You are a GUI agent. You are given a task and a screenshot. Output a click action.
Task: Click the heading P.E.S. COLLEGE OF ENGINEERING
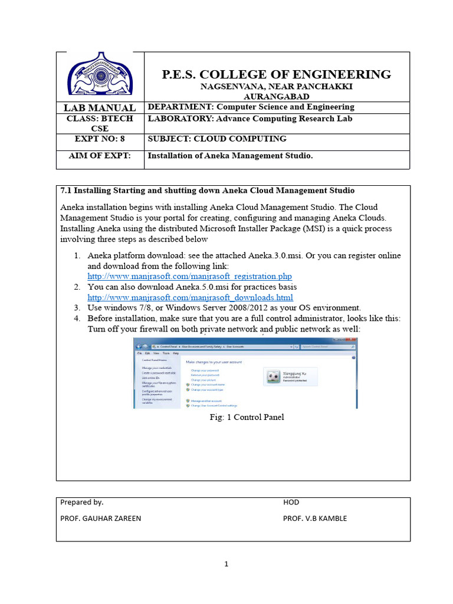tap(276, 74)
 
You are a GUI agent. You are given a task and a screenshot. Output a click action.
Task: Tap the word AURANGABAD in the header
tap(276, 96)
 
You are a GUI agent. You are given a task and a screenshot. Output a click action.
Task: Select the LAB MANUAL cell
tap(100, 108)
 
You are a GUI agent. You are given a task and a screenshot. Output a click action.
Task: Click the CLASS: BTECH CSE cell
tap(100, 123)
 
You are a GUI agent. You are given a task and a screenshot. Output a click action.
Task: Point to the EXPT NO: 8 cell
tap(100, 139)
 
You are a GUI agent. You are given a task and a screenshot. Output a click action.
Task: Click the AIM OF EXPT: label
tap(100, 156)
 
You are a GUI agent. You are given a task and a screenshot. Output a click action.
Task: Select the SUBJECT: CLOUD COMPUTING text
tap(216, 139)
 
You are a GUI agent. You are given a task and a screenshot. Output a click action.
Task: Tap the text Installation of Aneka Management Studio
tap(229, 156)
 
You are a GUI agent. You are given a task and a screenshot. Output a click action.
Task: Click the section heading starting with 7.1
tap(208, 191)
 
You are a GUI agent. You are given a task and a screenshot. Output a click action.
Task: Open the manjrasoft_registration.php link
tap(189, 276)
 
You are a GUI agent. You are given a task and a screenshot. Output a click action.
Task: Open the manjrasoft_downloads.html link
tap(190, 297)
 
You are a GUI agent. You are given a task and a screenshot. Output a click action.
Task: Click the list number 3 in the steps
tap(77, 308)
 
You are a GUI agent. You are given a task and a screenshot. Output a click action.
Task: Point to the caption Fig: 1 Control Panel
tap(247, 417)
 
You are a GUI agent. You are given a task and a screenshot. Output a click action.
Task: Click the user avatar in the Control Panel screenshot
tap(273, 376)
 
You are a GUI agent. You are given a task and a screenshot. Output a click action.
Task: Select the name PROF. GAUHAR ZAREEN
tap(101, 518)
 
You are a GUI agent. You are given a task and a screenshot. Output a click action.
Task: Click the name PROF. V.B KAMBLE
tap(315, 518)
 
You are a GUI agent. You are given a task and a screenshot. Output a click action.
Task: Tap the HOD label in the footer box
tap(291, 503)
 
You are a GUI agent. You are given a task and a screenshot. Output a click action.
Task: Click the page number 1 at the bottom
tap(226, 564)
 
